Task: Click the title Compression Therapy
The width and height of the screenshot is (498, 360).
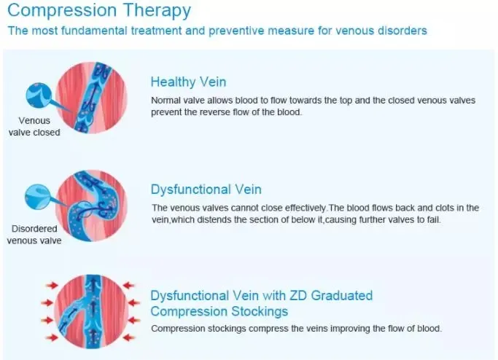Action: (x=99, y=11)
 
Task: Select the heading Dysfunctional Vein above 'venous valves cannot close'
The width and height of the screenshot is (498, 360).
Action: (x=206, y=190)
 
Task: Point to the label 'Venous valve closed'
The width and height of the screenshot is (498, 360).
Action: (x=34, y=127)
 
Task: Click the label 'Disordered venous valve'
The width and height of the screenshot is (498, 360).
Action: (x=35, y=235)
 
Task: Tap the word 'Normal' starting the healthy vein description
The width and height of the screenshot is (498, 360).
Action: (x=166, y=100)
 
